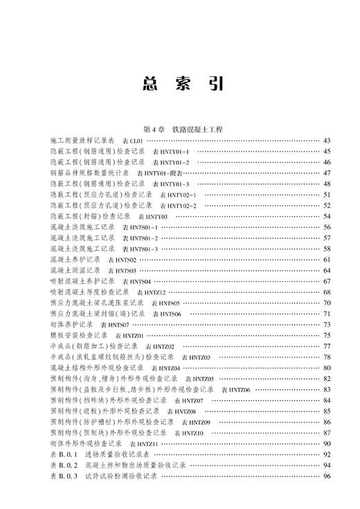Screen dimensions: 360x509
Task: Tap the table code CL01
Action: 152,141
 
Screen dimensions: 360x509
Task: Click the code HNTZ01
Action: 133,335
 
